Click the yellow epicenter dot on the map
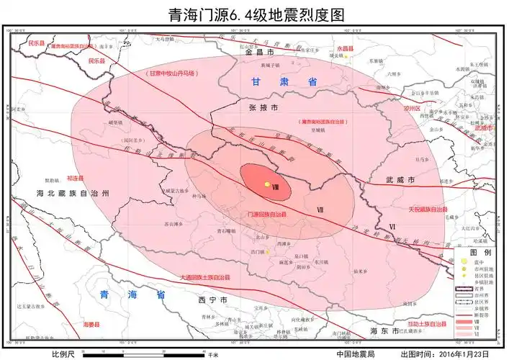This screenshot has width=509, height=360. [x=267, y=184]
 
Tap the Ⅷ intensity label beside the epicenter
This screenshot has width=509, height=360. [x=276, y=186]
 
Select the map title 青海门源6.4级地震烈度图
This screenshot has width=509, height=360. [x=254, y=14]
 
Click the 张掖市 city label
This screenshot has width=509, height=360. [x=263, y=107]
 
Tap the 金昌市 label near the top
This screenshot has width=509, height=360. [x=260, y=53]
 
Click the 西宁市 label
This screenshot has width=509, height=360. [x=214, y=299]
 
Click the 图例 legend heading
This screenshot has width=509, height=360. [x=481, y=253]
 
